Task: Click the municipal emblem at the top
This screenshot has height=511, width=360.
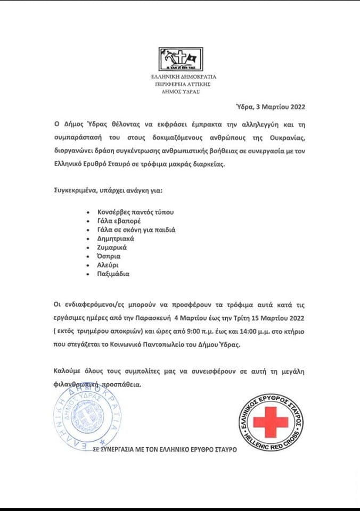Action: pyautogui.click(x=179, y=61)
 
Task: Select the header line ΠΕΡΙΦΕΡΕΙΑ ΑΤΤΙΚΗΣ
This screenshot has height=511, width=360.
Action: pyautogui.click(x=181, y=84)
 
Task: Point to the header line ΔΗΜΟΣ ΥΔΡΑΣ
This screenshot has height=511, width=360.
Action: pyautogui.click(x=180, y=92)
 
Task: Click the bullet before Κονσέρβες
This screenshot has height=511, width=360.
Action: pyautogui.click(x=95, y=212)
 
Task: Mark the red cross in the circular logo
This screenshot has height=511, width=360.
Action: pyautogui.click(x=271, y=422)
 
